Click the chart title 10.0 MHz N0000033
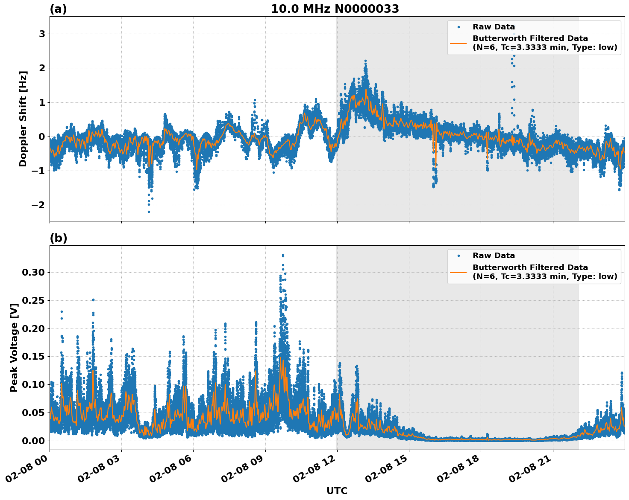pos(335,9)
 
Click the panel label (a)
pos(58,9)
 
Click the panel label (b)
pos(58,238)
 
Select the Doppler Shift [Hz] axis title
pos(23,119)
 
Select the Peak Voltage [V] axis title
pos(14,348)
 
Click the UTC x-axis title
pos(337,491)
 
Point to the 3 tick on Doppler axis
pos(42,34)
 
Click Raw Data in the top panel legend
pos(494,27)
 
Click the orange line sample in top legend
pos(459,43)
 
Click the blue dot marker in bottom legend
pos(459,256)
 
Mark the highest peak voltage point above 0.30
pos(283,255)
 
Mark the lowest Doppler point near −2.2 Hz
pos(149,212)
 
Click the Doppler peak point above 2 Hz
pos(365,61)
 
